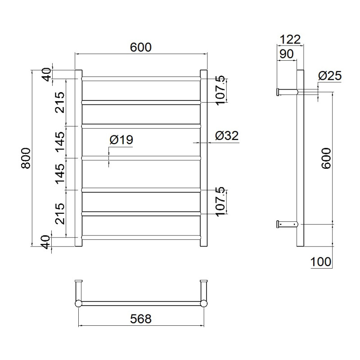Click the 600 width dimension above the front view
[141, 47]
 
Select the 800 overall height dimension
[26, 158]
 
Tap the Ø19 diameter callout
[121, 139]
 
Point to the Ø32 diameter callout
[227, 135]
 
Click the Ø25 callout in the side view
[330, 76]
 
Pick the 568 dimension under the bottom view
[141, 319]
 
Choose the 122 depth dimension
[290, 40]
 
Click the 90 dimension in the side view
[286, 54]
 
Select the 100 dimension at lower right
[321, 262]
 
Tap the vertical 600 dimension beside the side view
[326, 158]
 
